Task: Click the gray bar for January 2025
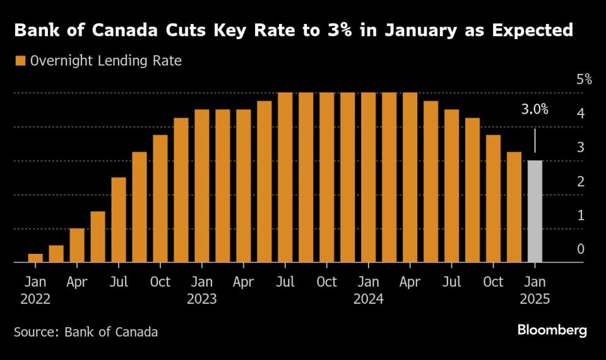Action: pyautogui.click(x=535, y=211)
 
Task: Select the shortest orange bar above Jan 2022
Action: pyautogui.click(x=35, y=258)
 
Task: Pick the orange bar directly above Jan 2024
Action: pyautogui.click(x=368, y=177)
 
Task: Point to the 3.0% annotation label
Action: pyautogui.click(x=534, y=109)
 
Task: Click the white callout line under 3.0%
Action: pyautogui.click(x=535, y=140)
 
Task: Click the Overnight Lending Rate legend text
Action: pyautogui.click(x=106, y=61)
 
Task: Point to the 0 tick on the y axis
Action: pyautogui.click(x=580, y=249)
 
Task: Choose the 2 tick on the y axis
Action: pyautogui.click(x=580, y=181)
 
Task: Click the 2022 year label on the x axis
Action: pyautogui.click(x=35, y=299)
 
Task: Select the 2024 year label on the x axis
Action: pyautogui.click(x=368, y=299)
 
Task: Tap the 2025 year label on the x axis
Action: pyautogui.click(x=535, y=299)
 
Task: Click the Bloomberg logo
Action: pyautogui.click(x=552, y=330)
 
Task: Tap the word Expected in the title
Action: pyautogui.click(x=531, y=30)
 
